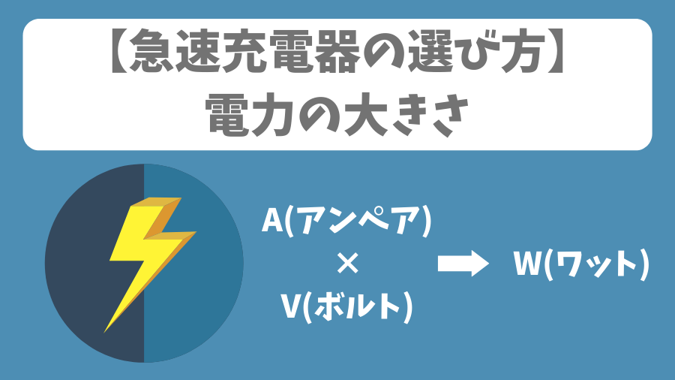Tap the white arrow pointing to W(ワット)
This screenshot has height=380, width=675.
point(462,264)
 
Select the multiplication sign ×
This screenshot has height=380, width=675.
point(346,264)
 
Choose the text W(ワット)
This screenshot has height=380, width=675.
point(580,264)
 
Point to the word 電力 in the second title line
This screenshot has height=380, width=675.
point(250,116)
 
